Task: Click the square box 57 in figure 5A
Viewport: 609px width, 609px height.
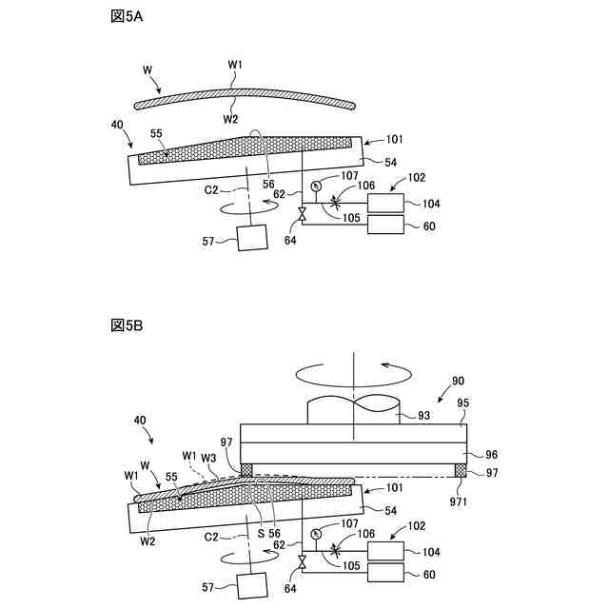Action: (x=254, y=237)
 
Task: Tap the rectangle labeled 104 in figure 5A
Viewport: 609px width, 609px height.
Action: (x=383, y=203)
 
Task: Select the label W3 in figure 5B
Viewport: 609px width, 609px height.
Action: (x=208, y=457)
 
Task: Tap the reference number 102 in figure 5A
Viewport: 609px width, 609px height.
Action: (x=415, y=178)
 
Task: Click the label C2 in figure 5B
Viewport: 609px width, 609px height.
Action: (x=211, y=537)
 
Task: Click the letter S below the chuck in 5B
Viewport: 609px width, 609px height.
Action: (x=259, y=534)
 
